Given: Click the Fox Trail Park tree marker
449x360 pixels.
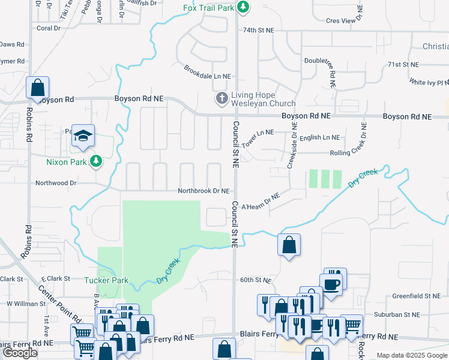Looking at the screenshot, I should point(243,8).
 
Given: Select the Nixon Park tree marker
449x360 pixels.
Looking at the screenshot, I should point(95,161).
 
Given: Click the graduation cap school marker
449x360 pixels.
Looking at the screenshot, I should point(83,135).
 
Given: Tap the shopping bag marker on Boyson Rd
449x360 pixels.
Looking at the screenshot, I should point(37,89).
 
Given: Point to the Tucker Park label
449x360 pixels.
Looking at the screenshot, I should point(106,280).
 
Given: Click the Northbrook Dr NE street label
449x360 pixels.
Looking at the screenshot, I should point(203,191).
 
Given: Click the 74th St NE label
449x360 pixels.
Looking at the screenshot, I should point(258,29).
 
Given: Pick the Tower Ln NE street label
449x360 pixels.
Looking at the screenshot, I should point(258,139).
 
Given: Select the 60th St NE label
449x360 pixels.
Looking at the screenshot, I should point(256,280).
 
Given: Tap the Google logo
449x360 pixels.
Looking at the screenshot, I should point(19,353).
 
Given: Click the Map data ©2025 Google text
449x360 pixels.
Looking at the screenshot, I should point(412,355).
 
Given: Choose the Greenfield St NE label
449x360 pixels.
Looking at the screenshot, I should point(416,296).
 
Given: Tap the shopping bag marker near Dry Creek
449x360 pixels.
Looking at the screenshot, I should point(289,245).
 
